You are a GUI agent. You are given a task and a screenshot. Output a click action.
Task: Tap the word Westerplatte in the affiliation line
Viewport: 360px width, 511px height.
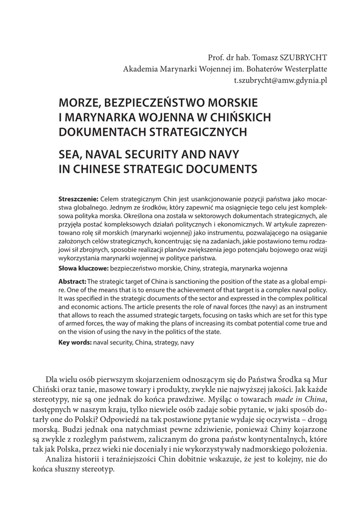305,68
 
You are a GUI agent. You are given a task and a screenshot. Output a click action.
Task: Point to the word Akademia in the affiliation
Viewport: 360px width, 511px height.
139,68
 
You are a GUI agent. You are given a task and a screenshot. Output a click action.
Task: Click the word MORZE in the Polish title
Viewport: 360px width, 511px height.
78,103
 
